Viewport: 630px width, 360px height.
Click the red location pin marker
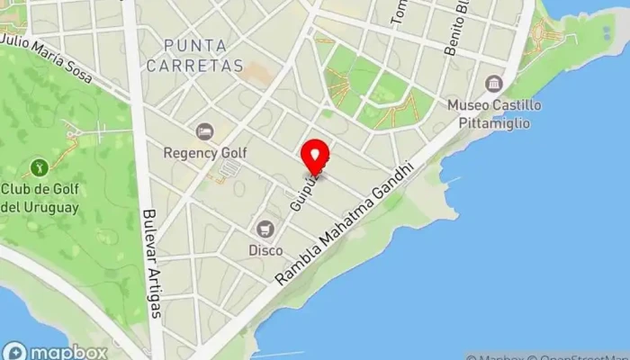pos(315,157)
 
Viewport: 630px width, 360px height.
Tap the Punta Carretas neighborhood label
pos(204,54)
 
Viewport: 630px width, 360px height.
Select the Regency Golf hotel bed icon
pos(204,132)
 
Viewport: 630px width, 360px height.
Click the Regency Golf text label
pos(204,153)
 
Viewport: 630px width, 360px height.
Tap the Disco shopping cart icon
pos(265,229)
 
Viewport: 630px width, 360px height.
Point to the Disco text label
pos(265,249)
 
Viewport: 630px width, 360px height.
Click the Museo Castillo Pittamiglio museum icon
pos(494,84)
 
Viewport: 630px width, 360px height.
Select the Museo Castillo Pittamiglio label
pos(494,112)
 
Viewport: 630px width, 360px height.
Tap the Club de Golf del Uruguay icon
pos(39,166)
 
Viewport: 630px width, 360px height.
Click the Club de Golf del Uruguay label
pos(39,197)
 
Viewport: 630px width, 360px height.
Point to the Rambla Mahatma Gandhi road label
pos(346,225)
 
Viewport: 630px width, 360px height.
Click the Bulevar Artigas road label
pos(151,263)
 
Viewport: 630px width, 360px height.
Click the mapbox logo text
pos(69,352)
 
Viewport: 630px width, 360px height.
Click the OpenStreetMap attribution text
pos(585,355)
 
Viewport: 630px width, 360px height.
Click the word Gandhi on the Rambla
pos(393,184)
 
